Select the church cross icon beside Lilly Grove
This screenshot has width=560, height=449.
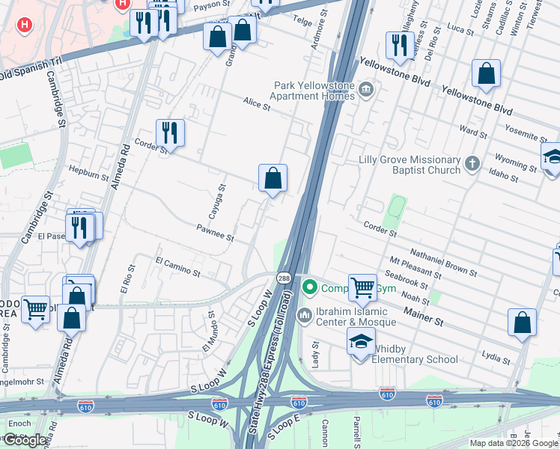point(472,163)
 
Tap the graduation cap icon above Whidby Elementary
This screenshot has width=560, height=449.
point(361,343)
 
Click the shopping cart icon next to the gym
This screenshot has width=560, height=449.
point(362,287)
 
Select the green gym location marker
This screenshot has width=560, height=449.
point(308,287)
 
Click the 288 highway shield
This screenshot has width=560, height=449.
point(285,277)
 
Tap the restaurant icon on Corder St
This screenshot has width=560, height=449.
point(170,133)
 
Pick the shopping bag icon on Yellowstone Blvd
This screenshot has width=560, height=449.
point(487,74)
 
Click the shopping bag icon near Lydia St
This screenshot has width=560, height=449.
point(522,323)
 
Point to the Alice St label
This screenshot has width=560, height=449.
point(255,104)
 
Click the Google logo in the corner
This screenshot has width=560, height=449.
point(25,440)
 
